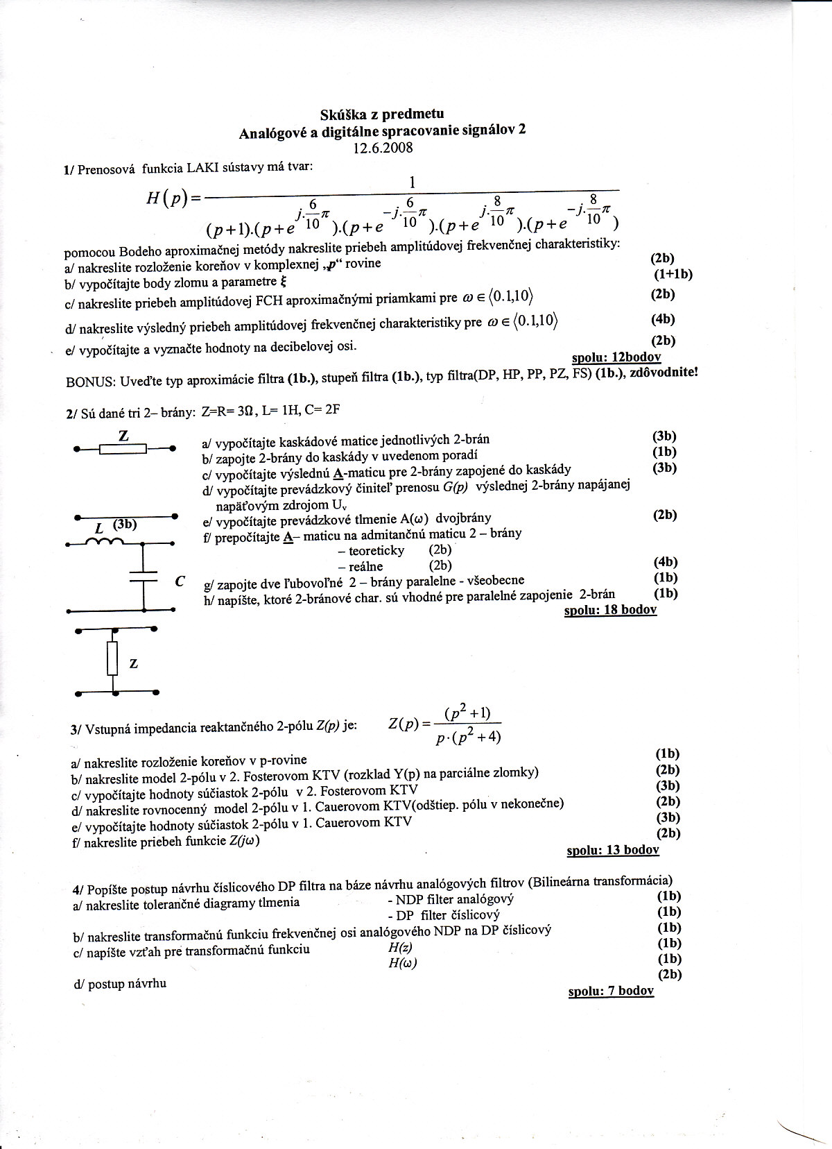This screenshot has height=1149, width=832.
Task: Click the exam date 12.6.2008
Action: tap(382, 147)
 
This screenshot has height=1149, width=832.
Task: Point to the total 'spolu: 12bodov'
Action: tap(616, 357)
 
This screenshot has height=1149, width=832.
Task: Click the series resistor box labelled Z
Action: tap(123, 450)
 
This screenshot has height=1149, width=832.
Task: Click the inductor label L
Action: tap(98, 529)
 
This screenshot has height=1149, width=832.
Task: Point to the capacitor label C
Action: tap(180, 581)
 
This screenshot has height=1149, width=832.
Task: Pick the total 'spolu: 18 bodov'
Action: tap(610, 610)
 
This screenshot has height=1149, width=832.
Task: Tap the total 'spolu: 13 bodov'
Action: tap(612, 850)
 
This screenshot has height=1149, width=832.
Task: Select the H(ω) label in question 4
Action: tap(403, 963)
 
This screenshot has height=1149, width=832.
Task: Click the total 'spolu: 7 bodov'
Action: tap(610, 991)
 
